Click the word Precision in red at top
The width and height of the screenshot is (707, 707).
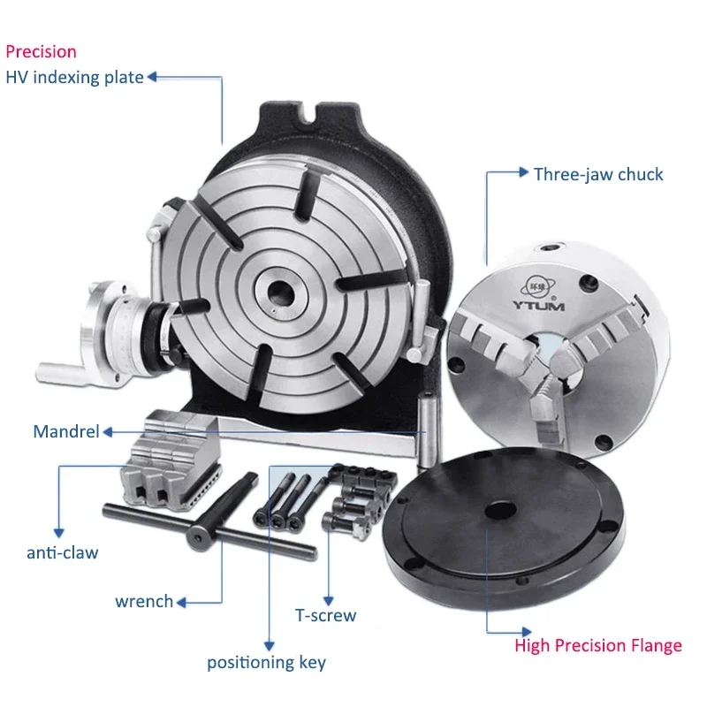41,51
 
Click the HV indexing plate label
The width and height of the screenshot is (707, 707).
74,78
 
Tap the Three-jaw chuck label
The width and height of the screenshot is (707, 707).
598,173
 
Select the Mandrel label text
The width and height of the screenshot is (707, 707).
66,432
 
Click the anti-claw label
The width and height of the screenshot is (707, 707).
62,553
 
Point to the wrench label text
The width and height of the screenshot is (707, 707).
144,602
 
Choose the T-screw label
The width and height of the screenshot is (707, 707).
325,614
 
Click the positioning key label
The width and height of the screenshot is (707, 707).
266,662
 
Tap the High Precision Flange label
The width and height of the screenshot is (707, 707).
598,646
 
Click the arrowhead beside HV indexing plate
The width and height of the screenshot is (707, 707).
152,78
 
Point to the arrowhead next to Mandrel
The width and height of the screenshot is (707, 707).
107,432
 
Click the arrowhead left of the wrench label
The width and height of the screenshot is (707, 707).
181,603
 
